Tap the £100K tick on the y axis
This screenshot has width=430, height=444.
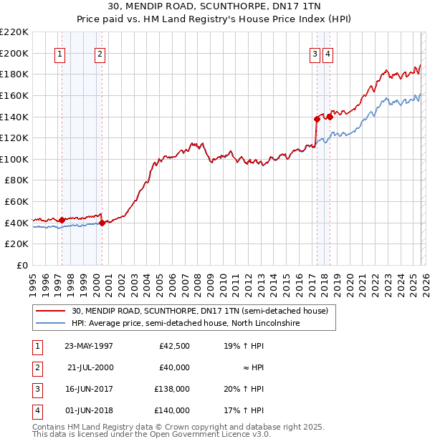pos(15,159)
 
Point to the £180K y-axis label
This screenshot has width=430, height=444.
pos(15,74)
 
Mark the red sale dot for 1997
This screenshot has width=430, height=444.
pos(62,220)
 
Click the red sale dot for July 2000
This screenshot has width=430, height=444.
pos(102,223)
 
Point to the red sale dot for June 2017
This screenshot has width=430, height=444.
pos(316,119)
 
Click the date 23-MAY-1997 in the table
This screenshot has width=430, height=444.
pos(89,346)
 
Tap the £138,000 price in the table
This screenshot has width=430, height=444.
pos(172,390)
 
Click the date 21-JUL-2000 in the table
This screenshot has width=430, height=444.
pos(89,367)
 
